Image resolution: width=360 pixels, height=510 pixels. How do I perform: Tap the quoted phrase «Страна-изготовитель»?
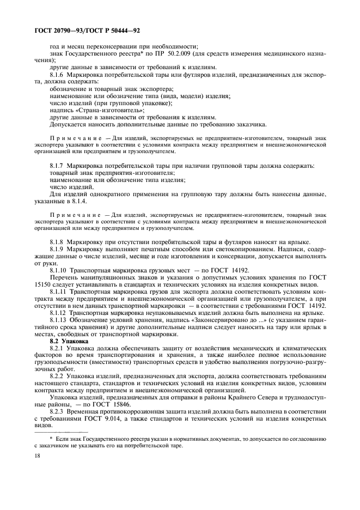(x=97, y=110)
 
